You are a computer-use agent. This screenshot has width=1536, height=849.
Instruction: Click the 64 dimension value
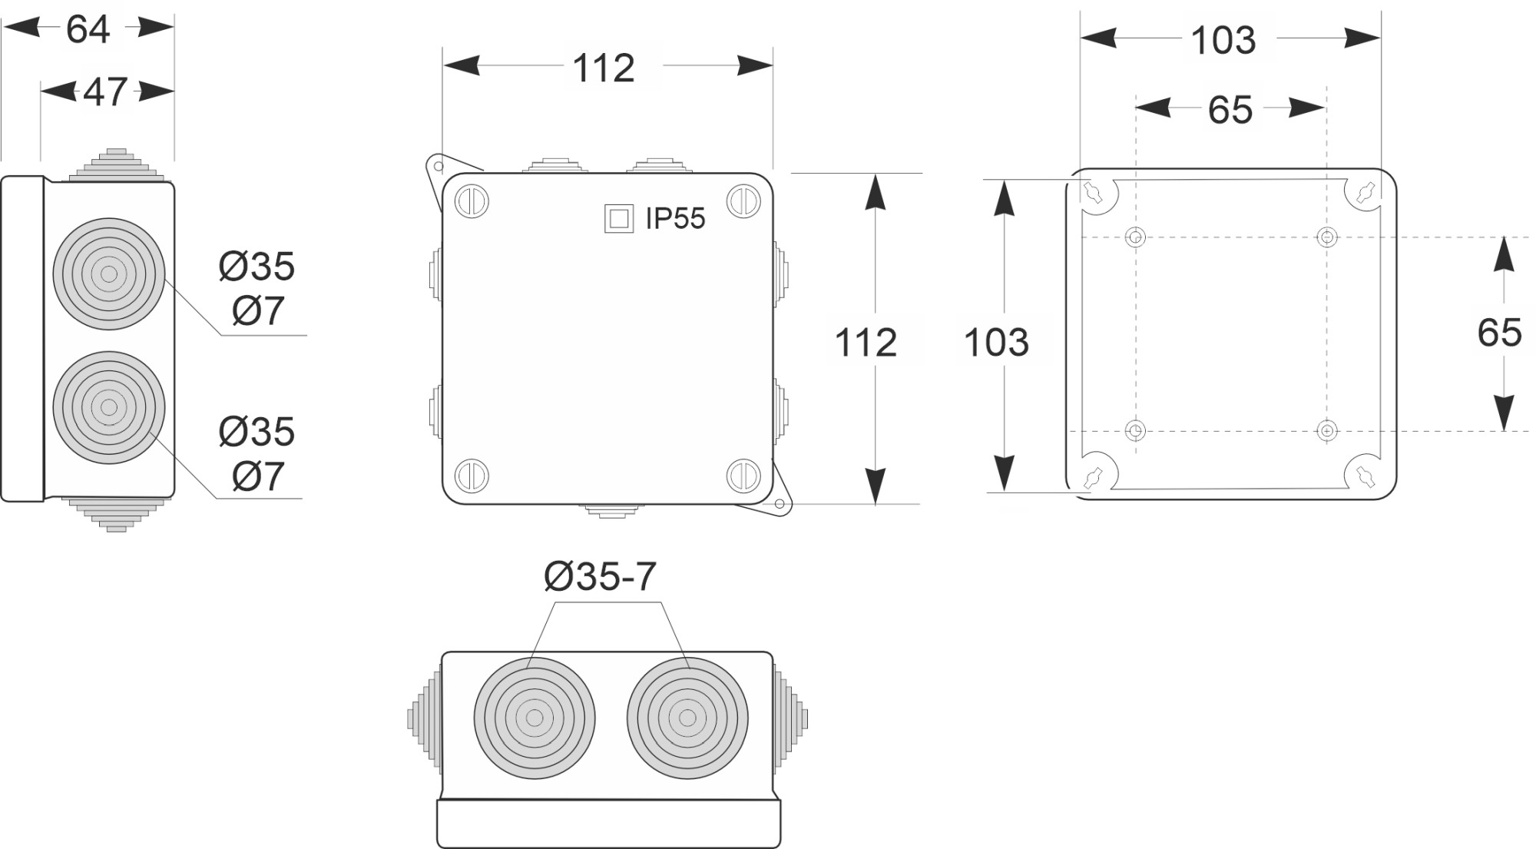point(88,29)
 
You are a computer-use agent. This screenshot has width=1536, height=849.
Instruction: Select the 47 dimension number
point(105,92)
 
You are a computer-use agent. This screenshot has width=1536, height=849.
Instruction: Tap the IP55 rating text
point(674,218)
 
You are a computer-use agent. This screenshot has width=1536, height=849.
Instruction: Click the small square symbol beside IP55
point(619,218)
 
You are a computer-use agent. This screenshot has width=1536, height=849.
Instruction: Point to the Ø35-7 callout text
point(600,576)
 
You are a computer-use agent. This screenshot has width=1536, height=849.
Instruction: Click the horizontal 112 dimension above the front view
point(604,68)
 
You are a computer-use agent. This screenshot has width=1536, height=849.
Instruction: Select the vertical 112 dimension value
point(866,342)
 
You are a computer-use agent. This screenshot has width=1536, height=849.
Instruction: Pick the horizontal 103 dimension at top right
point(1223,40)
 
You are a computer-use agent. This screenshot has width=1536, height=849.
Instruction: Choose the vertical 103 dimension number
point(996,342)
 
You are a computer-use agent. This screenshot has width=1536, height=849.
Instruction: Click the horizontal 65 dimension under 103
point(1230,110)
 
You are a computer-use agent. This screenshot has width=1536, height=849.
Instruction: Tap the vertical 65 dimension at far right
point(1499,333)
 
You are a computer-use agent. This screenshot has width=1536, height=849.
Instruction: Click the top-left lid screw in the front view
point(472,202)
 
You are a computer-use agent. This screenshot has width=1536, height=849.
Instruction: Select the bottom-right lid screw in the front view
point(743,476)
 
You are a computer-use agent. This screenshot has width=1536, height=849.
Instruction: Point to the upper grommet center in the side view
point(109,274)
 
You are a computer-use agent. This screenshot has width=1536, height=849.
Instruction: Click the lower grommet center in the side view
point(109,407)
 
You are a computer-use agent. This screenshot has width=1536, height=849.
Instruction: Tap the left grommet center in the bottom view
point(535,718)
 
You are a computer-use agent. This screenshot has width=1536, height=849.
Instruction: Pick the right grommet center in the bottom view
point(687,718)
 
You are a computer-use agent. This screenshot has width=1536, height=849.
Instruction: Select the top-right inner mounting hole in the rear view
point(1326,237)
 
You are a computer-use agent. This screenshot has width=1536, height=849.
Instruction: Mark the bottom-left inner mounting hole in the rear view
point(1135,430)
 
